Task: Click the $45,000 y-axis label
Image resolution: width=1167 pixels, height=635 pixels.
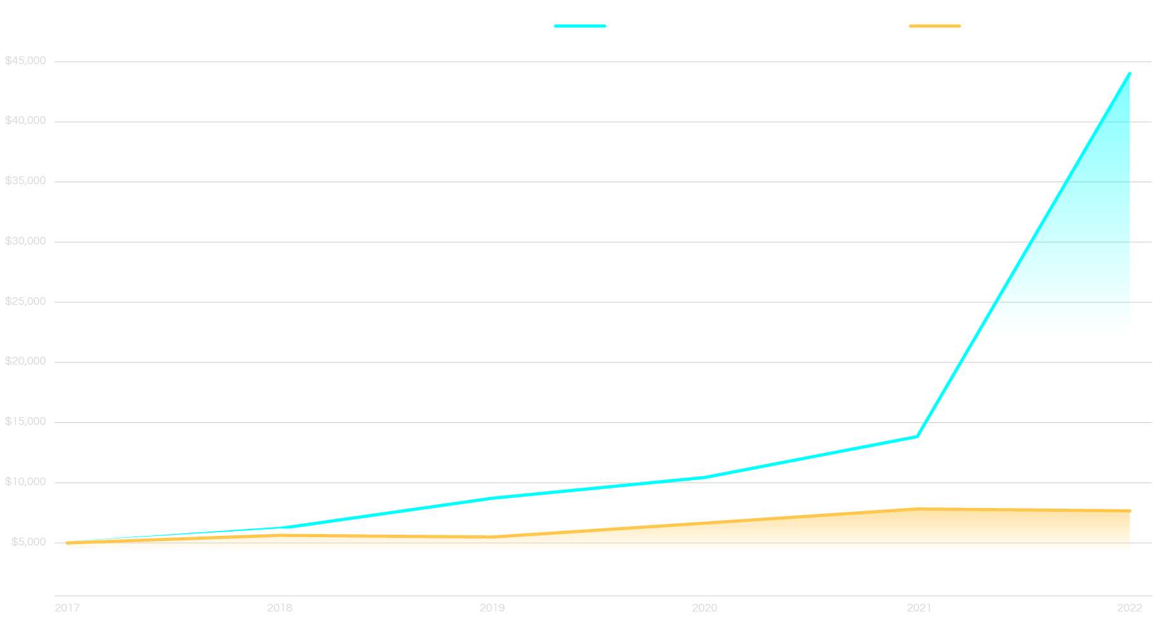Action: pos(25,61)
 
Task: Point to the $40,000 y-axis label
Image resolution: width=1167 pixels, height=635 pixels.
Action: pos(25,121)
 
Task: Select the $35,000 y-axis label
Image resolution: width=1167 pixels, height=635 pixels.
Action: pos(25,181)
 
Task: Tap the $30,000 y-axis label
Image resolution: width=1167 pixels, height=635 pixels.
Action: pos(25,241)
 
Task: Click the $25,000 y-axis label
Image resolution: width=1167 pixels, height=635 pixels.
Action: pos(25,301)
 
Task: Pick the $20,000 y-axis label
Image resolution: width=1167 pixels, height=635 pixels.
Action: pos(25,361)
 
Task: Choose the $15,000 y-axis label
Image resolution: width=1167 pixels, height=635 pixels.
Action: pos(25,422)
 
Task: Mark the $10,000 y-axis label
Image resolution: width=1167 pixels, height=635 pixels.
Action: pos(25,481)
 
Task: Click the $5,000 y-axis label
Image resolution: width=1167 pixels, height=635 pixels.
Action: pos(29,542)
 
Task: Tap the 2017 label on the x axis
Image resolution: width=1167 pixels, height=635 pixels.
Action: pos(67,608)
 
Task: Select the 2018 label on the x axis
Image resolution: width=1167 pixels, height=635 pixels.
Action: pos(279,608)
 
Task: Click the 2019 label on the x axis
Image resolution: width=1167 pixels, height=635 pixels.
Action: pos(492,608)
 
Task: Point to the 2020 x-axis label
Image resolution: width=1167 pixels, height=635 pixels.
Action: pos(705,608)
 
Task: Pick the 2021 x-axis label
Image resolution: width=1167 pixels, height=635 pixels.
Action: pos(919,608)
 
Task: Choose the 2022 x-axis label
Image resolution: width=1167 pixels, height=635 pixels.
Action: pos(1130,608)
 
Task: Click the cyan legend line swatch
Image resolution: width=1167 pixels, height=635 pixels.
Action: pos(580,26)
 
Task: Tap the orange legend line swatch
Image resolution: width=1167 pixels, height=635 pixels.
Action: pos(935,26)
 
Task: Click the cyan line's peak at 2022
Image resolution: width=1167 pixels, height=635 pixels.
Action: pos(1130,74)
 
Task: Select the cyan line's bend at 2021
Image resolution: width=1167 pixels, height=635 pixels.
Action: pos(917,436)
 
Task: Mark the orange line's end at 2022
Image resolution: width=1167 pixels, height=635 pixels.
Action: pos(1130,511)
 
